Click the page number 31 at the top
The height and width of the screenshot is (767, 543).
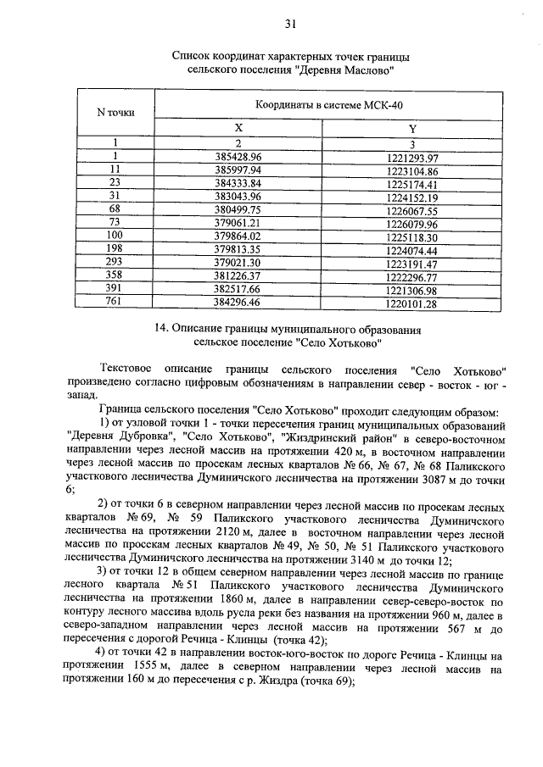(290, 23)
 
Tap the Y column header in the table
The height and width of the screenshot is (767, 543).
(412, 128)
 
